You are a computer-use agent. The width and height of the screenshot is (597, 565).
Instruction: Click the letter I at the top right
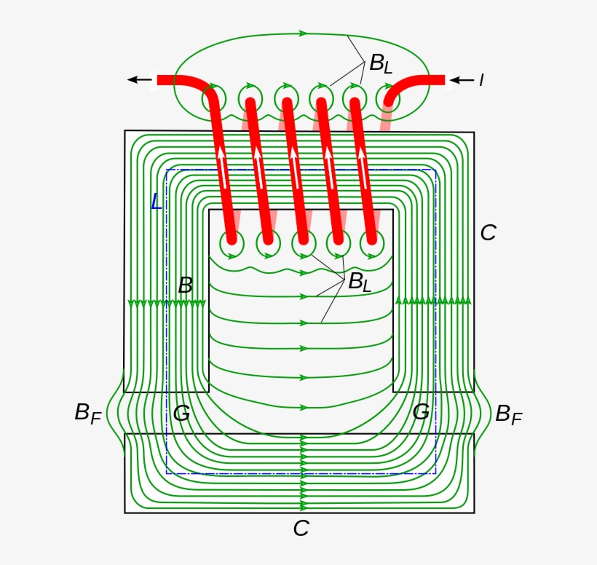coord(481,80)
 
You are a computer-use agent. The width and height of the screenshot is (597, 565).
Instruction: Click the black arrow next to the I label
coord(462,80)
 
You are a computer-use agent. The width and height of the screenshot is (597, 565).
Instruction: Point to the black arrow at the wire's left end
coord(139,80)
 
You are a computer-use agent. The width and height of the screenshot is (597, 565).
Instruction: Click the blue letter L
coord(157,202)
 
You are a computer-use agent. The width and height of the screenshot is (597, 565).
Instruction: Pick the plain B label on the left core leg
coord(186,285)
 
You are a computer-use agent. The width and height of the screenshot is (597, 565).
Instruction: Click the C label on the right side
coord(488,233)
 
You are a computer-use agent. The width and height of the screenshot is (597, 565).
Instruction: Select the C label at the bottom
coord(301,529)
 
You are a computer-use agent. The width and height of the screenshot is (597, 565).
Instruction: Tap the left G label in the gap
coord(181,414)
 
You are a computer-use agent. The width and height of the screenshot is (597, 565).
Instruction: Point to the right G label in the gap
coord(421,412)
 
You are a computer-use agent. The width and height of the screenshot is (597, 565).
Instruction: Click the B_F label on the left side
coord(87,414)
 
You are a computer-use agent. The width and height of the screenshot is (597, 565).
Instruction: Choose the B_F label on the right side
coord(508,414)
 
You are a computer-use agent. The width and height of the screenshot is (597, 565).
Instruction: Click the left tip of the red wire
coord(159,80)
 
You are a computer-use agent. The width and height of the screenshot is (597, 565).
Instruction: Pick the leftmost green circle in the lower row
coord(232,245)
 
